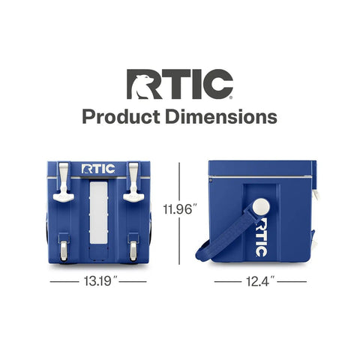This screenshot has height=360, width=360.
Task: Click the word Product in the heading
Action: coord(121,117)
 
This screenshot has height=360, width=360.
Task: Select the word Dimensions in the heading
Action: coord(221,117)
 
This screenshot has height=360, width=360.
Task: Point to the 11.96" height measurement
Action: coord(180,209)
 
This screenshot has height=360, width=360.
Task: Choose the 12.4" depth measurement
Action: coord(260,281)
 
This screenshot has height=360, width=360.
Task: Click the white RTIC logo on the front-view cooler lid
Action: coord(98,169)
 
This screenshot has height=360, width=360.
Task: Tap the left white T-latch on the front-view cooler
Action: coord(64,182)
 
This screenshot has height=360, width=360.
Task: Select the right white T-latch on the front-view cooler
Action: coord(133,182)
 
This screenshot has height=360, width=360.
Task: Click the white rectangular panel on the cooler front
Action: coord(98,212)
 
